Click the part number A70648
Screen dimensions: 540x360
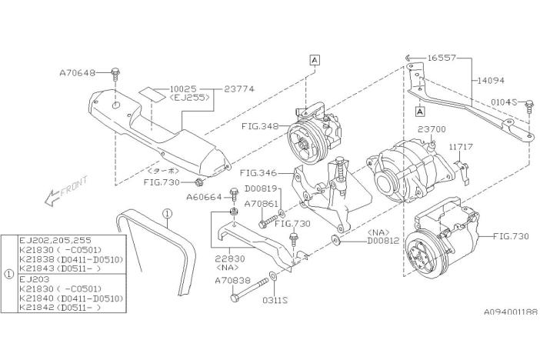point(78,73)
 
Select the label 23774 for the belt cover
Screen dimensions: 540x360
point(239,89)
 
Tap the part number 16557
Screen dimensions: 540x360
point(442,58)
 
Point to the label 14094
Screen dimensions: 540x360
point(491,81)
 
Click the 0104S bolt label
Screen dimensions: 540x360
point(504,102)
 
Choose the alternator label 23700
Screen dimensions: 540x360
point(432,129)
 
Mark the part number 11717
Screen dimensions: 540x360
point(461,147)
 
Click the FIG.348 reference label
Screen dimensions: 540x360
point(260,126)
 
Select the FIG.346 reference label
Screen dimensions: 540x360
point(258,173)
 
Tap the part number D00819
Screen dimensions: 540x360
point(261,188)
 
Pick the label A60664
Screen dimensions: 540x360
point(204,198)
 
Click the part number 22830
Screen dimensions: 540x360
point(230,258)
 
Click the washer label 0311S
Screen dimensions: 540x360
point(275,301)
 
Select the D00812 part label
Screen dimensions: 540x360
point(383,241)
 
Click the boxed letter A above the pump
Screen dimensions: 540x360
point(315,60)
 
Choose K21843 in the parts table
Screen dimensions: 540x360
point(36,268)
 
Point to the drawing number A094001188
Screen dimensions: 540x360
point(511,312)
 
